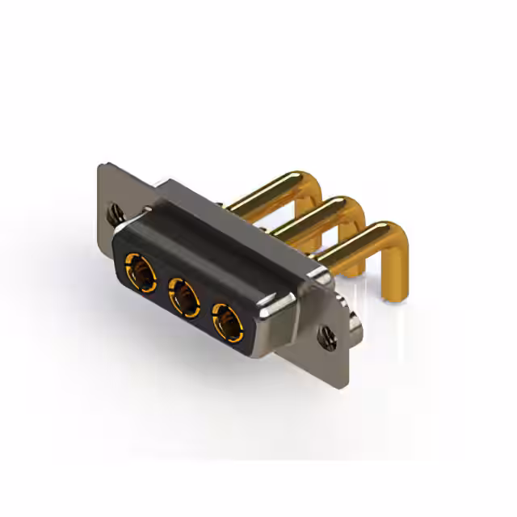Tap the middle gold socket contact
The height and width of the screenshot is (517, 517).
(x=183, y=296)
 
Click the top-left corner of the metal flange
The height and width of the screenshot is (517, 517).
(x=100, y=166)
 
